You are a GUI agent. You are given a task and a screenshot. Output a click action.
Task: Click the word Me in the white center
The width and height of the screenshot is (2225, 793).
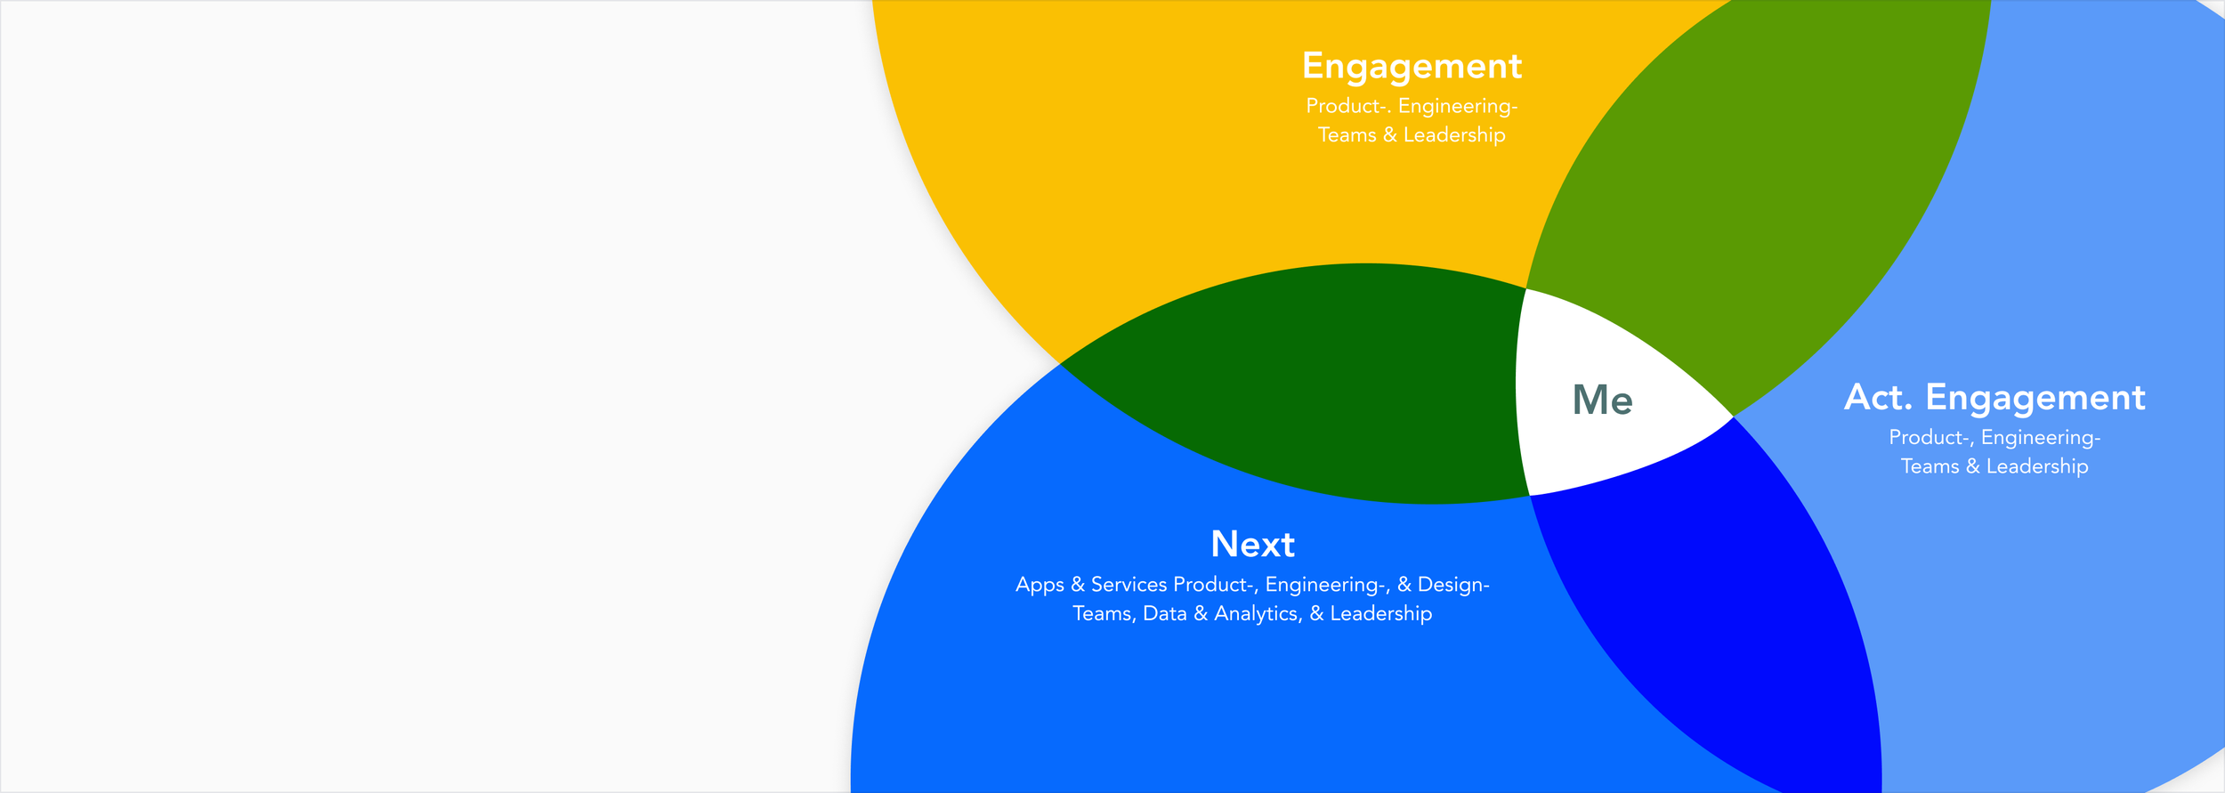1602,401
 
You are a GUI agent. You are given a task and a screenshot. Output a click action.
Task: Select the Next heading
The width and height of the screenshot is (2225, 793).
1252,544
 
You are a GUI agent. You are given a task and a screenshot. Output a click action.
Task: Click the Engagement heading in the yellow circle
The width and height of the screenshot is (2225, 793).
1412,66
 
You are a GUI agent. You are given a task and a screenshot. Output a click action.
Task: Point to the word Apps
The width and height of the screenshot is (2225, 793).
1039,585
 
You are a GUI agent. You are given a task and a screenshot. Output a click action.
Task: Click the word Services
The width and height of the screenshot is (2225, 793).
1129,585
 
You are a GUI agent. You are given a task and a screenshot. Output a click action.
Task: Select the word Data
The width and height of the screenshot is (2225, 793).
1164,613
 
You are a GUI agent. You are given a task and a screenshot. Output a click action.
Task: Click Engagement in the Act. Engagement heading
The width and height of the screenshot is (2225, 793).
2035,397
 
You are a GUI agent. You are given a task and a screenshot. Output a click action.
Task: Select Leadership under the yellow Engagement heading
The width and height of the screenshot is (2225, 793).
1454,135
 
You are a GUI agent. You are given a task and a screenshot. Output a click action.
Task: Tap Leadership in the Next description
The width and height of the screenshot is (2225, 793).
1380,613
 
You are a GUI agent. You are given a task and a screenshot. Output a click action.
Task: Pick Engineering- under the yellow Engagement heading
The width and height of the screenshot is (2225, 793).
1458,106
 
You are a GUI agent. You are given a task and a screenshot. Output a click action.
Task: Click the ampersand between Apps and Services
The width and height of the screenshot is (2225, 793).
1077,585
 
